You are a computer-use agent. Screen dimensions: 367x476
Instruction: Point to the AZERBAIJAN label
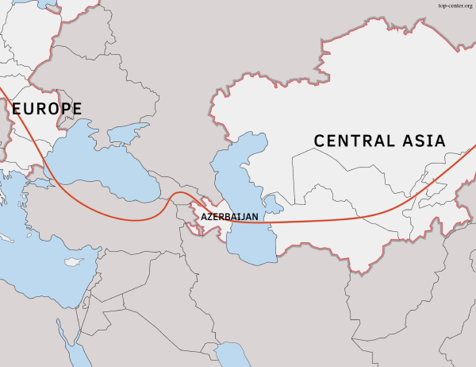pos(230,216)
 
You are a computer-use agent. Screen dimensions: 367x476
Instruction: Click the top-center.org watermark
pos(455,5)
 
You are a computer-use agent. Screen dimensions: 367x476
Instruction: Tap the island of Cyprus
pos(73,261)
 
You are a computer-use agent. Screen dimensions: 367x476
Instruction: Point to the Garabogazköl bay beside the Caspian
pos(274,203)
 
